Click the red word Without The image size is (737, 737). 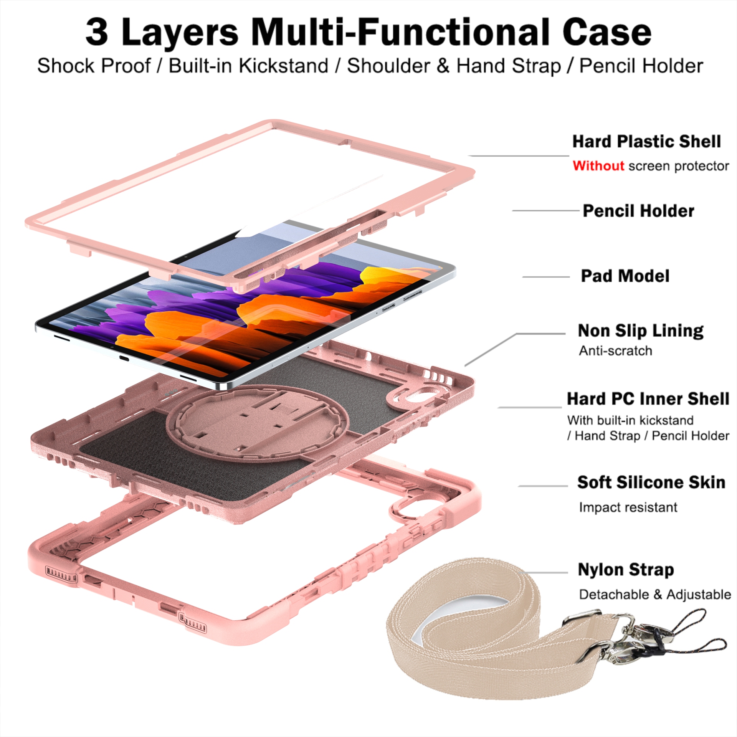pyautogui.click(x=598, y=166)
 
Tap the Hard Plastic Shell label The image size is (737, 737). pyautogui.click(x=646, y=142)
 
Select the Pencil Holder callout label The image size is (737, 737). pyautogui.click(x=638, y=211)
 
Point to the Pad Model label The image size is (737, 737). pyautogui.click(x=625, y=276)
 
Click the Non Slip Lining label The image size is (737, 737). pyautogui.click(x=641, y=331)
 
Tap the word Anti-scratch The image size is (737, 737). pyautogui.click(x=615, y=351)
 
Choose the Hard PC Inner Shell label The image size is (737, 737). pyautogui.click(x=648, y=399)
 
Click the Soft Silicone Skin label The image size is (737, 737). pyautogui.click(x=651, y=483)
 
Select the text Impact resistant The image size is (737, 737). pyautogui.click(x=628, y=507)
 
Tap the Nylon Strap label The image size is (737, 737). pyautogui.click(x=626, y=570)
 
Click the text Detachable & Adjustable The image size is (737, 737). pyautogui.click(x=655, y=595)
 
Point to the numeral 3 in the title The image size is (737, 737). pyautogui.click(x=97, y=33)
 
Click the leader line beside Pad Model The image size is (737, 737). pyautogui.click(x=546, y=277)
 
